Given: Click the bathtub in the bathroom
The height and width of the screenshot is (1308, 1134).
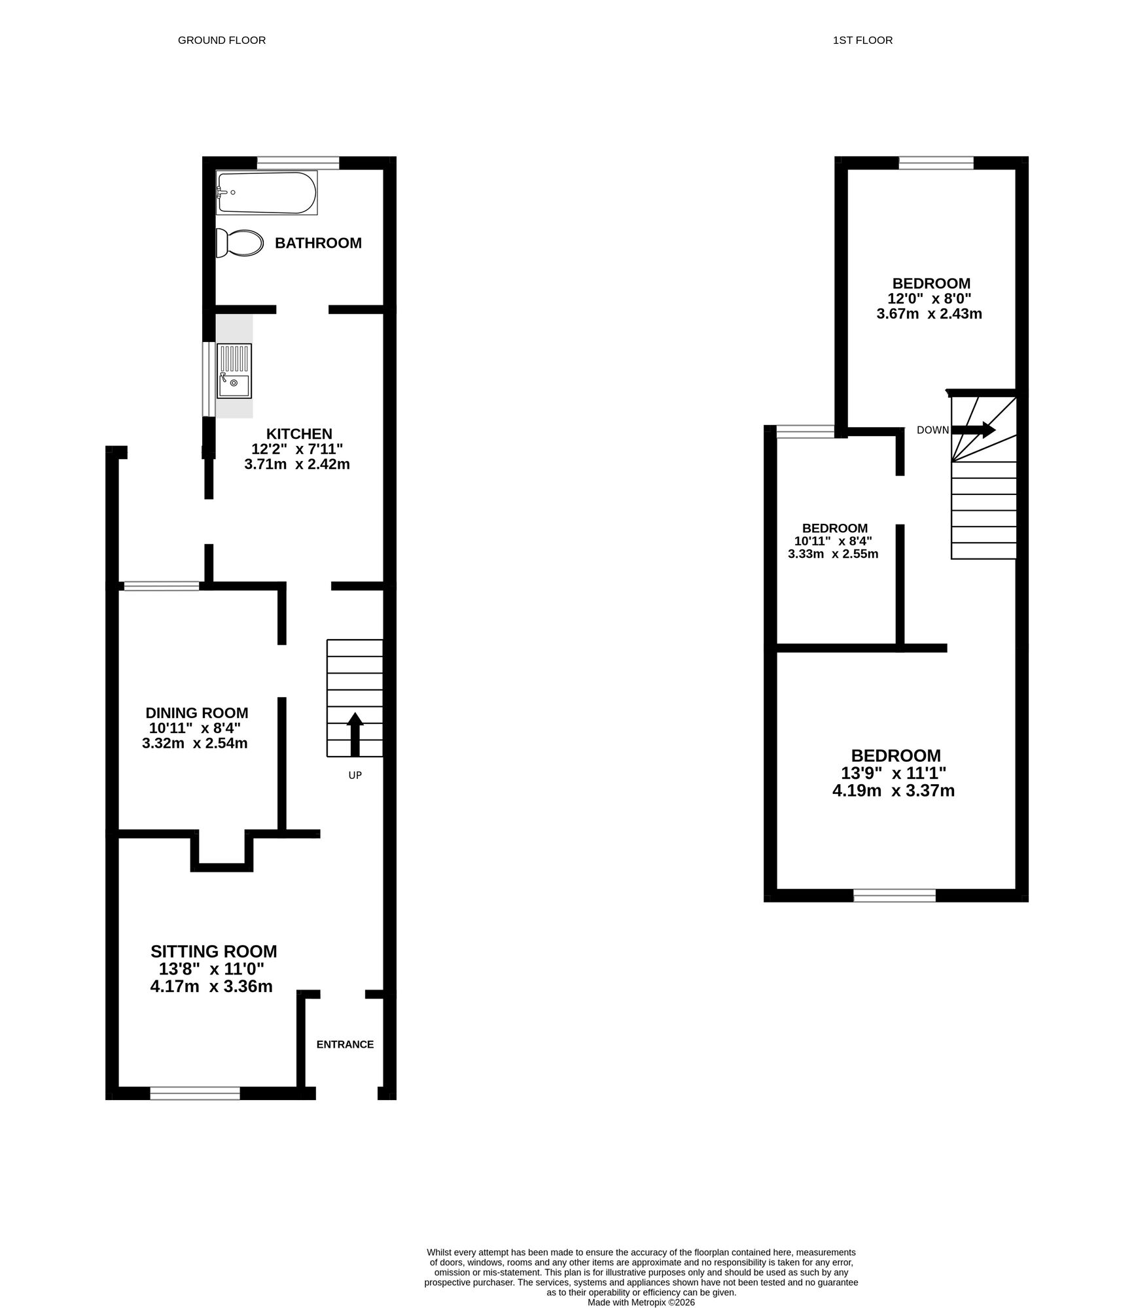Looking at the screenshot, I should (267, 193).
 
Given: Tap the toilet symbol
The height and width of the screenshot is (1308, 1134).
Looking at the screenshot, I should (239, 243).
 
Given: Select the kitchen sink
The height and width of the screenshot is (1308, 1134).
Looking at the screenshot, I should (234, 371).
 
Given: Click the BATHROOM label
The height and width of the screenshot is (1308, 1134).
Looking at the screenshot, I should (318, 243).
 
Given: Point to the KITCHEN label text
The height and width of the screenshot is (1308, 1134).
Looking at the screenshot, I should (299, 434).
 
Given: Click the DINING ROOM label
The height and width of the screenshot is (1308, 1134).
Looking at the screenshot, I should (196, 714).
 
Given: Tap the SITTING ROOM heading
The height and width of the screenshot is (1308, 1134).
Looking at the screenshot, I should (213, 952).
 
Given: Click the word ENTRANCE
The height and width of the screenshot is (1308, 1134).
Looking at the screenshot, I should (345, 1044).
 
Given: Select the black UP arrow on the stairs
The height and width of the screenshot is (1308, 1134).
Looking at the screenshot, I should (355, 734).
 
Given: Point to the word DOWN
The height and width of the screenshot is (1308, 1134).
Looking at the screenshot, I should (932, 430).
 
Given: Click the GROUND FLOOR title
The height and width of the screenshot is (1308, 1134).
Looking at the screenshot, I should (222, 41).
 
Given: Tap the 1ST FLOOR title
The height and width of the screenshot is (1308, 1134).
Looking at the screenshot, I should (862, 41).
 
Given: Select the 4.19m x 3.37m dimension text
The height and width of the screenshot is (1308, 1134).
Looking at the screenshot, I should (893, 791).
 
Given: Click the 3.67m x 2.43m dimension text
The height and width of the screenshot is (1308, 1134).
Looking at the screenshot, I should (929, 313).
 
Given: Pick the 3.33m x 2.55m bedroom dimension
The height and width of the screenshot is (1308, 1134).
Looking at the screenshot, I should (833, 554).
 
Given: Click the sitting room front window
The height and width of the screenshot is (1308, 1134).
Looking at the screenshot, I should (195, 1093).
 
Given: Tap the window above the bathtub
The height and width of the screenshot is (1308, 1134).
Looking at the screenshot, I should (298, 163).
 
